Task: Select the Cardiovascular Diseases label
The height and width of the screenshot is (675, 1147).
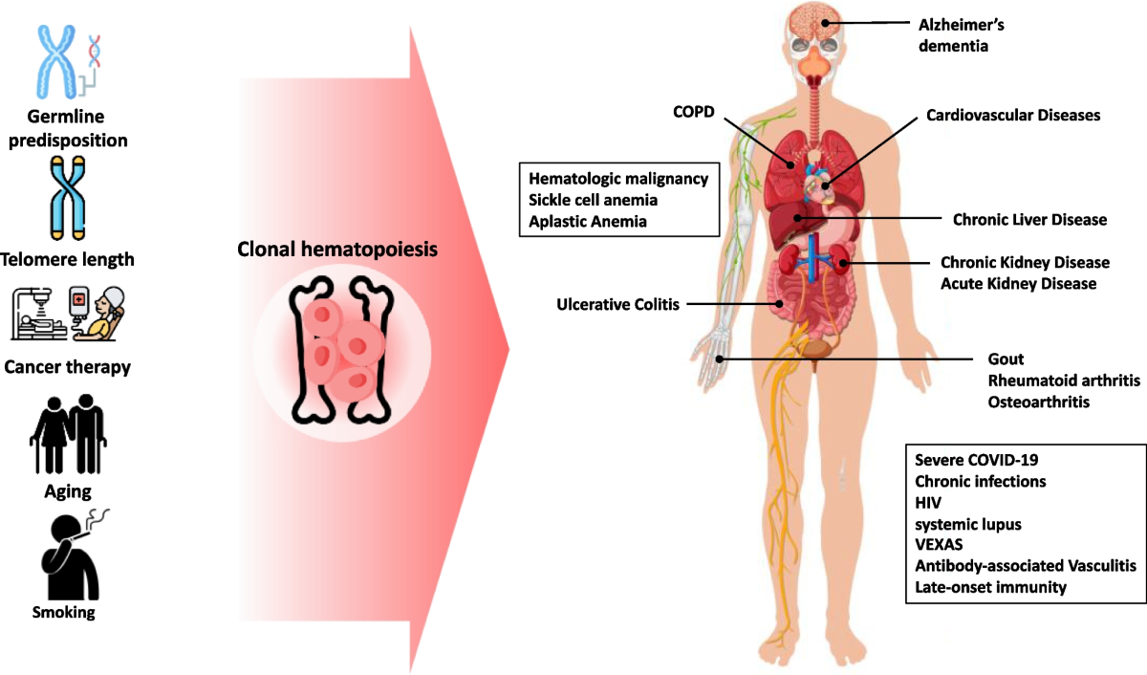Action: click(x=1013, y=115)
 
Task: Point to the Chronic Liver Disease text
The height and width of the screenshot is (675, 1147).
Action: click(x=1029, y=220)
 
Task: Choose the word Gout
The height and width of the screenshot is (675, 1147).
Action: click(x=1006, y=359)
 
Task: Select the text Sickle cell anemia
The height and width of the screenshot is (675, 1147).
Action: click(x=587, y=200)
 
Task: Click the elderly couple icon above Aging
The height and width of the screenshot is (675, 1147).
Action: click(x=67, y=435)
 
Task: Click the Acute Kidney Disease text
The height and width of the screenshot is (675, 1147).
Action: click(x=1018, y=284)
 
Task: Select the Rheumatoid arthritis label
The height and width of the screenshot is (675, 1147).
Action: click(x=1064, y=381)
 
